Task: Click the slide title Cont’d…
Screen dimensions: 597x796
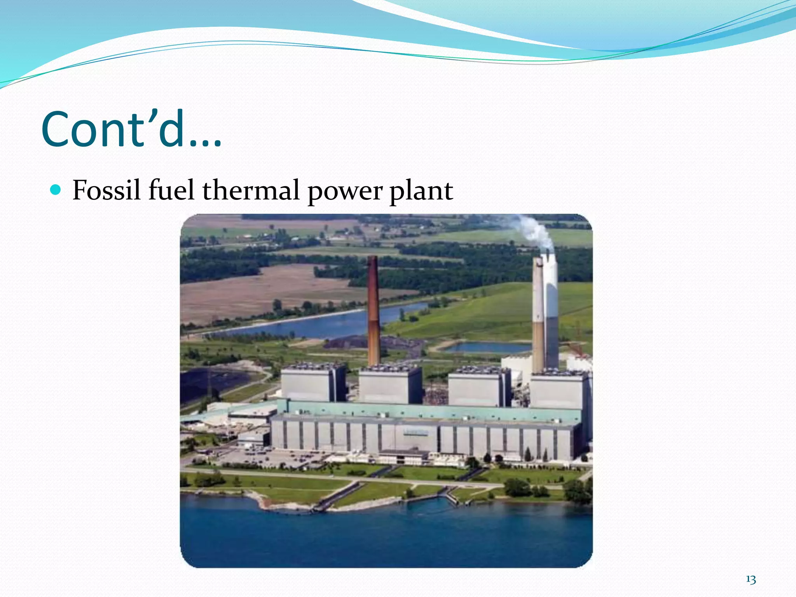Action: click(131, 129)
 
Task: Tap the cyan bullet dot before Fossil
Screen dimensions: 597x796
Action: click(56, 190)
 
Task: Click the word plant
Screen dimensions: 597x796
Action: click(421, 191)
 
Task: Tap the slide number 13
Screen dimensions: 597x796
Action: click(751, 580)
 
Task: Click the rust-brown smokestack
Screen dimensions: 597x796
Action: click(373, 311)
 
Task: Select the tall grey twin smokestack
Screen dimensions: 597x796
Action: click(545, 315)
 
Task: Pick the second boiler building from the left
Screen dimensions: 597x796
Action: click(389, 386)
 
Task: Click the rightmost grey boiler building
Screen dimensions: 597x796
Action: click(558, 390)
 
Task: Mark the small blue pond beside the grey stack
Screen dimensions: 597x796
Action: click(488, 347)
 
